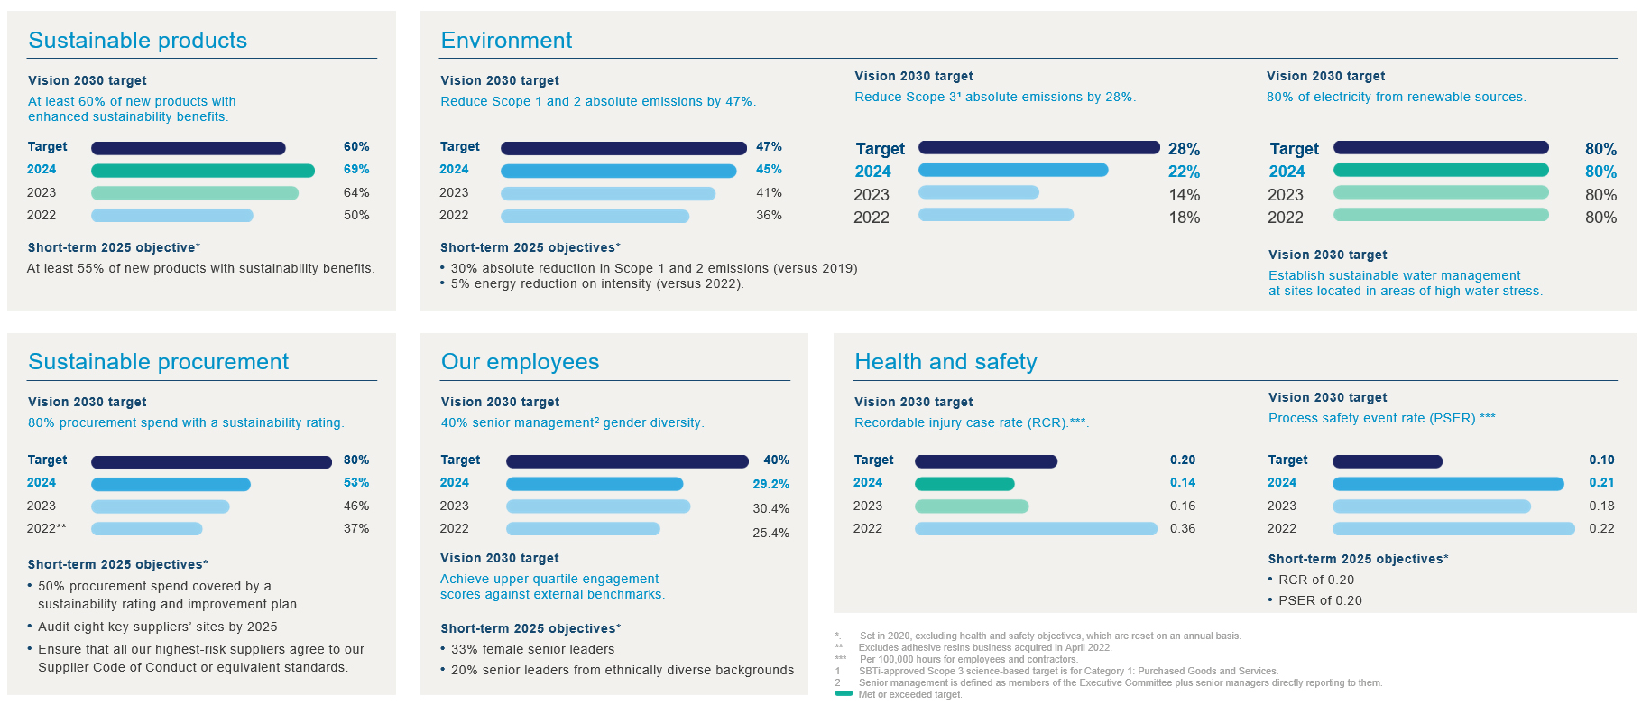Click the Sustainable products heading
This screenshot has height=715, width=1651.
(137, 41)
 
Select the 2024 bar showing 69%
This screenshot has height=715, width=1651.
(203, 171)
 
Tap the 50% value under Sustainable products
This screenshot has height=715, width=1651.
(356, 216)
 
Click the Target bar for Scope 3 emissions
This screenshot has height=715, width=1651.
(1038, 147)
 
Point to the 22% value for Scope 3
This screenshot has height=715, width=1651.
(1184, 172)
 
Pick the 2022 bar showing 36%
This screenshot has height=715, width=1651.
(595, 217)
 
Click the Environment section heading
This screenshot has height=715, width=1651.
(506, 41)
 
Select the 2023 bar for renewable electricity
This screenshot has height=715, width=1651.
(1441, 192)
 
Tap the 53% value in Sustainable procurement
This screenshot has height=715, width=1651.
(356, 483)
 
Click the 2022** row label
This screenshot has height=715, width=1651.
(47, 529)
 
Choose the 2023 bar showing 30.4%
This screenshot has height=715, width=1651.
(598, 506)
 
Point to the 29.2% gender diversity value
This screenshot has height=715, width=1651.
(770, 485)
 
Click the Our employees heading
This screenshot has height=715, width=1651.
(520, 362)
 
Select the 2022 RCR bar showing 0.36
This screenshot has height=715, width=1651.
(1036, 529)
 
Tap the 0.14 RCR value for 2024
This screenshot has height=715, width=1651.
(1183, 483)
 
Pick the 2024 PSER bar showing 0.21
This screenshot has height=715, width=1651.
(1448, 484)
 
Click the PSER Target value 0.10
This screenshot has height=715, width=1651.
(1601, 460)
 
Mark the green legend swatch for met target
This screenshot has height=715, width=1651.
(844, 693)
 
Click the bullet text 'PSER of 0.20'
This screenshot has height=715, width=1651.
(1320, 601)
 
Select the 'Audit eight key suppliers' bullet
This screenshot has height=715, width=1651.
(157, 627)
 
